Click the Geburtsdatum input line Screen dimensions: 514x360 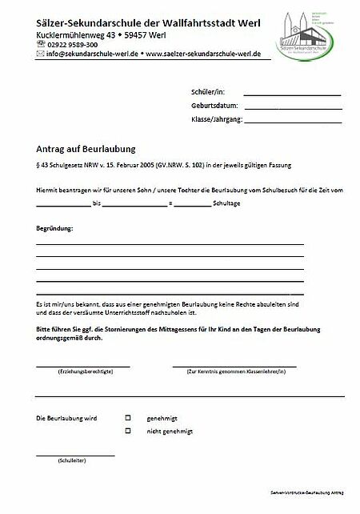(292, 106)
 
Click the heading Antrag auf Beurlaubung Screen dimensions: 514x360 (86, 148)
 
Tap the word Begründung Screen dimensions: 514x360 (54, 229)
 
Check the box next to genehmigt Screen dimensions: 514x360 (127, 418)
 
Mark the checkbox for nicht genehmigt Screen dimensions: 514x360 (127, 431)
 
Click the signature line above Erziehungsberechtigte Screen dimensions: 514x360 (83, 365)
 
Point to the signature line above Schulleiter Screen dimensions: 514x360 (75, 455)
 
